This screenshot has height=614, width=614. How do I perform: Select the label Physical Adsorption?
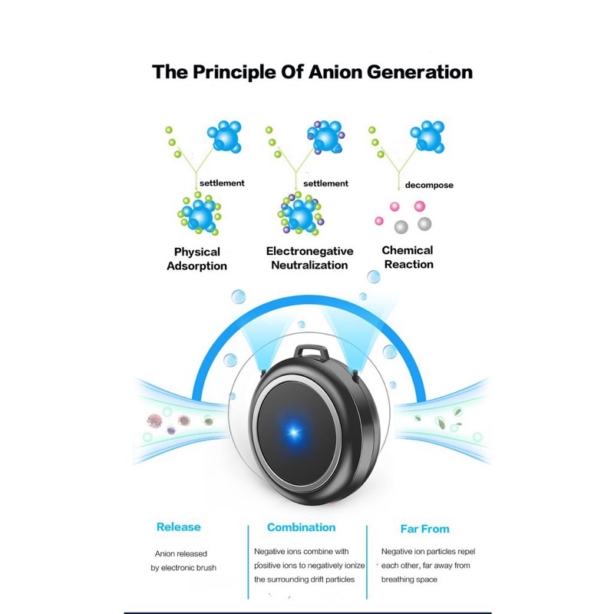pos(197,259)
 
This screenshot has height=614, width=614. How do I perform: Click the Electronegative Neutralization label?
pos(309,258)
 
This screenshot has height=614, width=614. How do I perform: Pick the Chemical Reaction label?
pos(408,257)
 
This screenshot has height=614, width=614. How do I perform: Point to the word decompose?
pos(430,185)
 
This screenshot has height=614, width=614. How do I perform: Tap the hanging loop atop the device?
pos(310,354)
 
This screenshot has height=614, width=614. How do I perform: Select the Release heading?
pos(178,527)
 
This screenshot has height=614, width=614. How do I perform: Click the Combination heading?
pos(301,527)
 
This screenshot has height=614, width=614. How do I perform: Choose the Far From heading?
pos(424,529)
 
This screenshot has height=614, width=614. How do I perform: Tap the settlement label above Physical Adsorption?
pos(222,183)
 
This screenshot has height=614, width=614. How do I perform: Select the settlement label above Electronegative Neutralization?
pos(325,183)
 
